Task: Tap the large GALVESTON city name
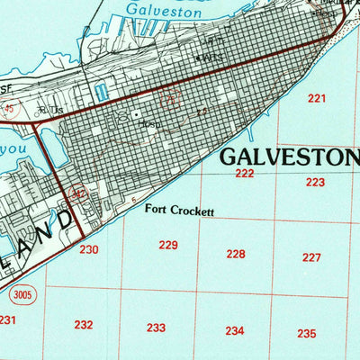[291, 156]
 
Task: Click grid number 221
[316, 98]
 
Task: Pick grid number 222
[245, 173]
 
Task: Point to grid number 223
[314, 182]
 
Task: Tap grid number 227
[311, 257]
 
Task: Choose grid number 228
[236, 254]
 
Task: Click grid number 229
[168, 245]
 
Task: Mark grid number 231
[6, 319]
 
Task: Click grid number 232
[84, 324]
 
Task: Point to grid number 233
[156, 328]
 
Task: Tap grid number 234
[234, 330]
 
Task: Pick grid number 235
[307, 333]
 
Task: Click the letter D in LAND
[63, 220]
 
